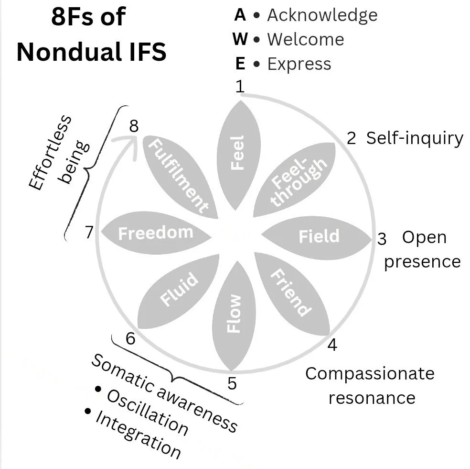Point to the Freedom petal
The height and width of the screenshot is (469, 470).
(155, 233)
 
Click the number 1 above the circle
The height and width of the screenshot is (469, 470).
(240, 87)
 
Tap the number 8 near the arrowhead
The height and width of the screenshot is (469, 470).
(134, 126)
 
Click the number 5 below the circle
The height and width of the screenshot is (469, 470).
(232, 383)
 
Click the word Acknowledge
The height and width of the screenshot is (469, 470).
(322, 15)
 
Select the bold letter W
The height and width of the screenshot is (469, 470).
(240, 39)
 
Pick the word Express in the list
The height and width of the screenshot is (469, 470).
(299, 64)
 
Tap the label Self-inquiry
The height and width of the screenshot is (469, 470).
(414, 138)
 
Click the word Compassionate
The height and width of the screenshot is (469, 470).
(370, 373)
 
